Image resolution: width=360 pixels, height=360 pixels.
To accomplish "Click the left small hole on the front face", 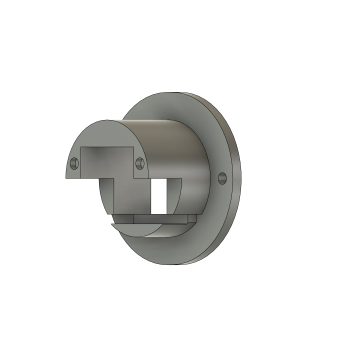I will click(74, 163).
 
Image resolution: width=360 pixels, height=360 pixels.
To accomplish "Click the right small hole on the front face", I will click(140, 163).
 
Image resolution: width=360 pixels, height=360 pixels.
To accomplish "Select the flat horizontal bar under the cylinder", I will click(160, 218).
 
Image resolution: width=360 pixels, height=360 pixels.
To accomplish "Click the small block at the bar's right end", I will click(190, 218).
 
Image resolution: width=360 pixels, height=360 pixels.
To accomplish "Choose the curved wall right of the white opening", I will click(173, 192).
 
